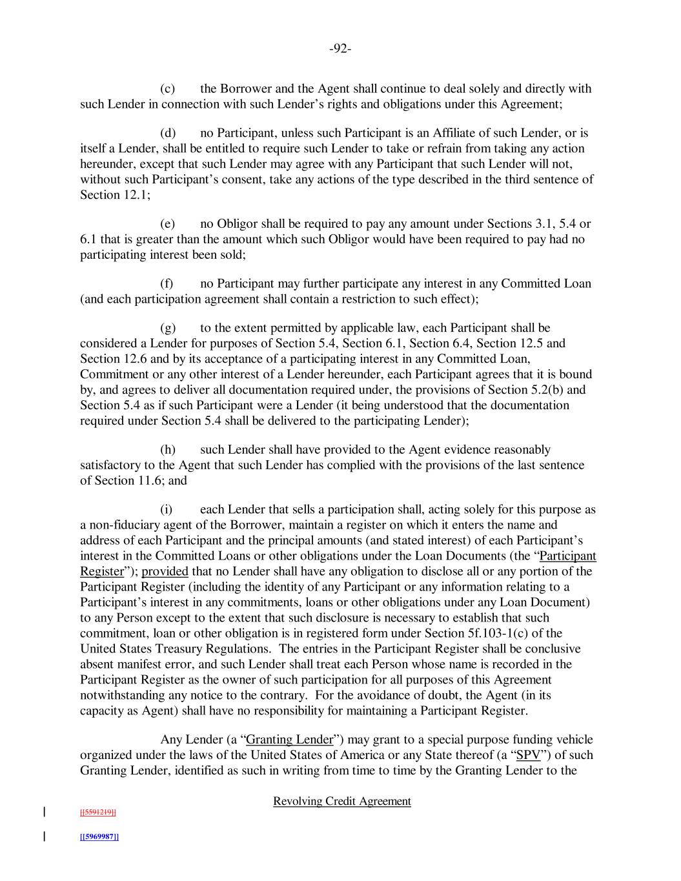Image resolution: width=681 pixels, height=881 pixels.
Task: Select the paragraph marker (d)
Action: (168, 134)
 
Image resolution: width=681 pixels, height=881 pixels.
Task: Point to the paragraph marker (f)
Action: (167, 284)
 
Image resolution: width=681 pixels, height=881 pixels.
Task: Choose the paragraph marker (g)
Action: (168, 329)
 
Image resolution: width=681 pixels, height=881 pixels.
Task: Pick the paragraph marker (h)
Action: (168, 450)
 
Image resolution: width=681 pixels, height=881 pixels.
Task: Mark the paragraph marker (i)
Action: (167, 510)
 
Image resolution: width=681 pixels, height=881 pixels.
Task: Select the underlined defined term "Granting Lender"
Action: (290, 740)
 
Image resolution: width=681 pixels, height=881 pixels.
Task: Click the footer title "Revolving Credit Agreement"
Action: (342, 802)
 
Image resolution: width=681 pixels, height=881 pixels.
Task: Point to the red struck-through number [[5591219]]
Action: (97, 813)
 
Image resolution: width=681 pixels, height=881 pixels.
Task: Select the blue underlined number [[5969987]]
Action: (99, 837)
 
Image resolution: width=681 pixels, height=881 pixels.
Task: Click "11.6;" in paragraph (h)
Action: (149, 481)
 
